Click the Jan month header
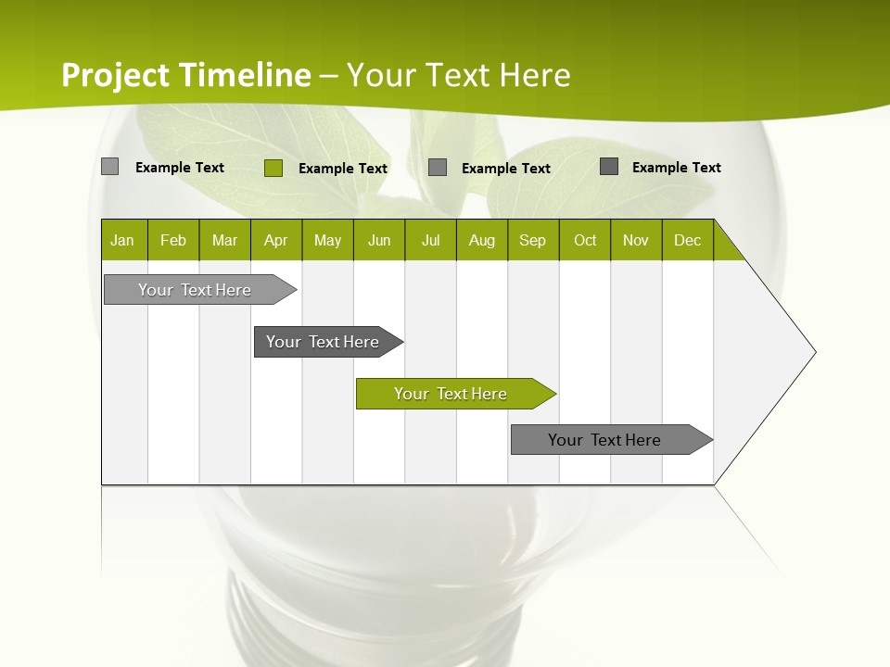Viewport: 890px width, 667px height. pos(123,240)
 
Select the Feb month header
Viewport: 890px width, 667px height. pos(173,240)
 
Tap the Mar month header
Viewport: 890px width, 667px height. pos(224,240)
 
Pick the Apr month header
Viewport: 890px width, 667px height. pos(276,240)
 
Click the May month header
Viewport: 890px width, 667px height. pos(327,240)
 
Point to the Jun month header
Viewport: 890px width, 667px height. pos(379,240)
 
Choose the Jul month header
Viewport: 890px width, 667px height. pos(430,240)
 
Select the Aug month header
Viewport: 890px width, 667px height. pos(482,240)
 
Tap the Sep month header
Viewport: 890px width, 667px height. pos(533,240)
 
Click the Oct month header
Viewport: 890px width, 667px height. pos(585,240)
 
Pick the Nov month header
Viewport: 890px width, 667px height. pos(636,240)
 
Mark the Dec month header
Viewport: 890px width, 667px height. pos(687,240)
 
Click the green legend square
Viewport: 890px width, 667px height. pos(273,168)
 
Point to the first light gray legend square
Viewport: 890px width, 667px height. pos(110,167)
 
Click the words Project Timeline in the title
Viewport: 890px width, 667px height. pos(185,75)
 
